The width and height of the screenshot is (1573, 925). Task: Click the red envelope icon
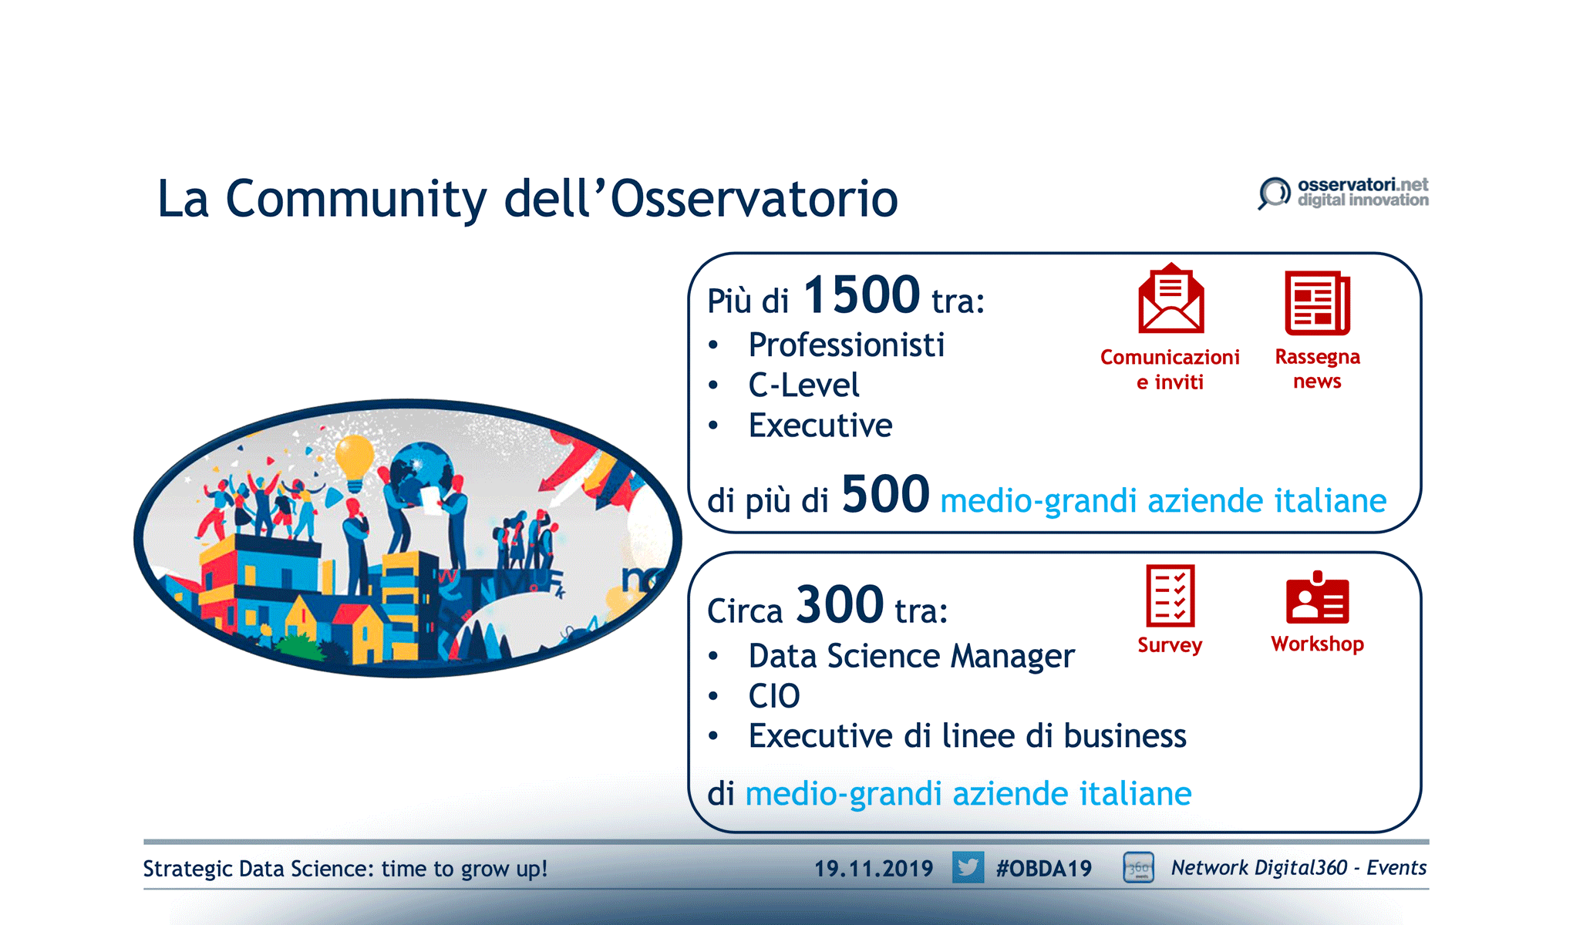[x=1170, y=298]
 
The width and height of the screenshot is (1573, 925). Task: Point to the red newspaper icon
[x=1317, y=302]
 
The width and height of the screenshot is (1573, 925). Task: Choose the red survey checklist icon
[x=1170, y=596]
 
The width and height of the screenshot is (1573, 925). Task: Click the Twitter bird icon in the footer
[x=968, y=867]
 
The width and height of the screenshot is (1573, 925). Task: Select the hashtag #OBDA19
[x=1043, y=869]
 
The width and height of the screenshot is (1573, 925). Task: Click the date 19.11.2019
[x=874, y=869]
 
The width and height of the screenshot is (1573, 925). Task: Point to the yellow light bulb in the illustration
[x=355, y=462]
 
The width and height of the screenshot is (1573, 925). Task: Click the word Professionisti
[x=846, y=345]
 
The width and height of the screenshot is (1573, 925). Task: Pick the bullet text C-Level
[x=803, y=385]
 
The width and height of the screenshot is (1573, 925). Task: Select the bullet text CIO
[x=774, y=696]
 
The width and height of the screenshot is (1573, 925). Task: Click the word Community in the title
[x=356, y=200]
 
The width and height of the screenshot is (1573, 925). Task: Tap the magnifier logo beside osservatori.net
[x=1274, y=193]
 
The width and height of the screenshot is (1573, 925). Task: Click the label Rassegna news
[x=1317, y=369]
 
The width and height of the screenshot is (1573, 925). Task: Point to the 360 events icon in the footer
[x=1138, y=867]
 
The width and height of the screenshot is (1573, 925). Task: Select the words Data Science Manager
[x=911, y=657]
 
